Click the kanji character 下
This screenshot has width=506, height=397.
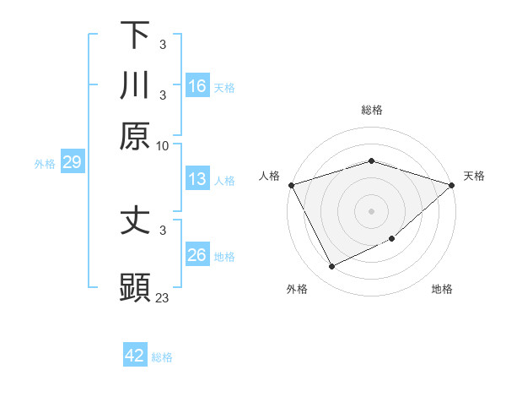136,35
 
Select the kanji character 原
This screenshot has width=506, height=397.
136,135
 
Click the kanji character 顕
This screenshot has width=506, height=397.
136,286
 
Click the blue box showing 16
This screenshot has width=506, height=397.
197,86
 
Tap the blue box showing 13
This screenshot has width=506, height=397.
197,179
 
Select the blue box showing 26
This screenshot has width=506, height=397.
197,255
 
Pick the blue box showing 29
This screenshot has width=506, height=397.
72,162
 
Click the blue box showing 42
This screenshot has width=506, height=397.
135,356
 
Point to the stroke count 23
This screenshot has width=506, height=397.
163,297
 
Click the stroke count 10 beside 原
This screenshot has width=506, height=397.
163,145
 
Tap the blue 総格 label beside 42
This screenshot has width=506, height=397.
162,357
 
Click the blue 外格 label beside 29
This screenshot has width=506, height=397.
45,164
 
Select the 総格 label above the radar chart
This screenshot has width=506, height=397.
372,110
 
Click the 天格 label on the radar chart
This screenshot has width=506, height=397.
475,176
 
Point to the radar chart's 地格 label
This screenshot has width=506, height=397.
442,290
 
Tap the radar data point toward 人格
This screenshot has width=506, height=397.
291,185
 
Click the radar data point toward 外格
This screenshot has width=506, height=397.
331,267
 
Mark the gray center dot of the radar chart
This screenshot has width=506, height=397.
372,210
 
